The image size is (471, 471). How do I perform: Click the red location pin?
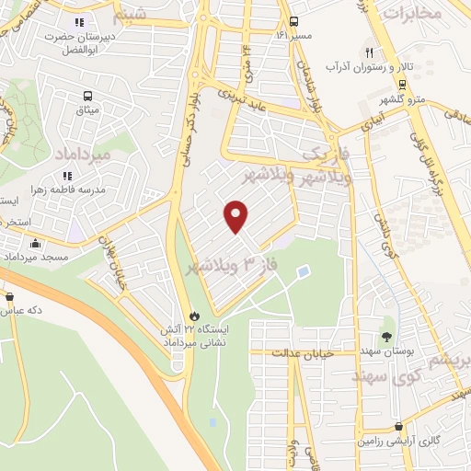[236, 216]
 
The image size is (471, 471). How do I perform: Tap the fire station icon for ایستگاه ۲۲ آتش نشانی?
[193, 316]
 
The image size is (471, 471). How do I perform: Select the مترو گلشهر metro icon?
[403, 84]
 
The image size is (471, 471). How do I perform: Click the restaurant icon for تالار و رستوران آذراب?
[369, 52]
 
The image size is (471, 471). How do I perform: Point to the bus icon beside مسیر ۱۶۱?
[293, 21]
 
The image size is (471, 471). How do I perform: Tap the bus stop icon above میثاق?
[87, 96]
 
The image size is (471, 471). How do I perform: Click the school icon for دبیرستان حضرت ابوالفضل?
[78, 22]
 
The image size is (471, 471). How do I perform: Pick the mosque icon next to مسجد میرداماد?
[35, 244]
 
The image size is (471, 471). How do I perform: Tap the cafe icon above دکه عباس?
[10, 297]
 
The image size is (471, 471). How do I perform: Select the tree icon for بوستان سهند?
[386, 337]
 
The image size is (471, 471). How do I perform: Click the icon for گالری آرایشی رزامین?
[397, 427]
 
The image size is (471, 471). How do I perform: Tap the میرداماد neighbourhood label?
[83, 153]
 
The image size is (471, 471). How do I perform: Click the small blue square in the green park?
[304, 270]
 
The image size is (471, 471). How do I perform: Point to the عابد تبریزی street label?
[243, 99]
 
